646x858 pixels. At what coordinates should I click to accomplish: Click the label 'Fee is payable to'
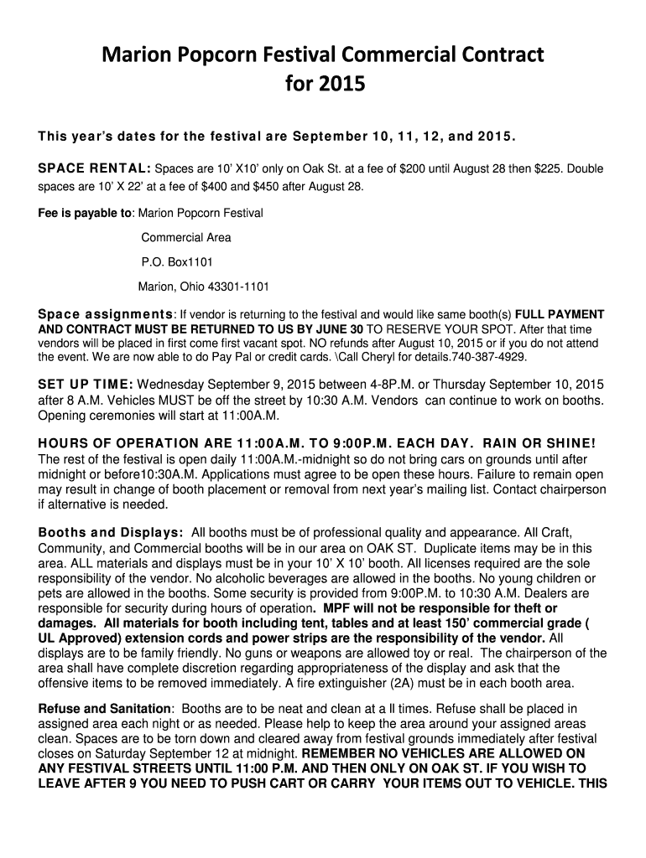click(85, 213)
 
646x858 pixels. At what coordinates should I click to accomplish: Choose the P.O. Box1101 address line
click(171, 261)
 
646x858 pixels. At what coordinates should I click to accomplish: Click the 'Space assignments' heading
click(105, 315)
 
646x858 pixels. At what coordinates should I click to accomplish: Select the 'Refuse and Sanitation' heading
click(104, 709)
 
